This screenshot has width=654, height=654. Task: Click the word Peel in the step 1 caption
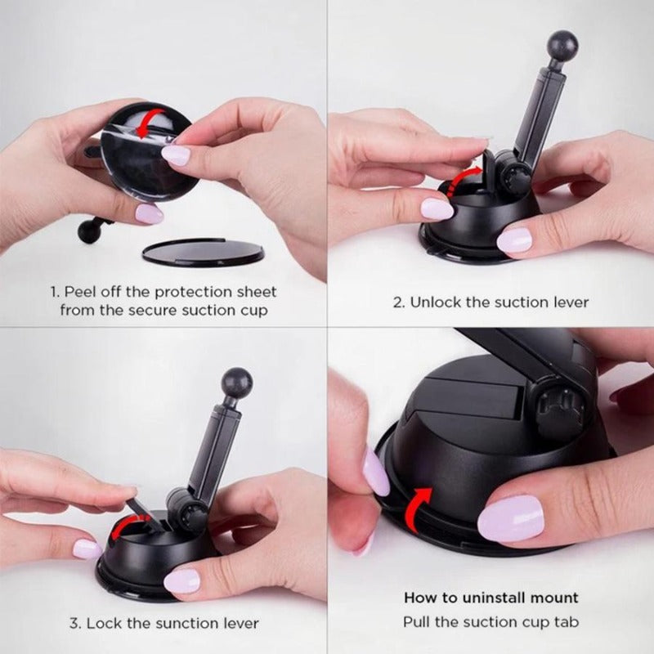point(80,292)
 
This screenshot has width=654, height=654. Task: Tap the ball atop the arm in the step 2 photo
point(562,45)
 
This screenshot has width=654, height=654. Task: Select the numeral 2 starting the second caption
point(397,302)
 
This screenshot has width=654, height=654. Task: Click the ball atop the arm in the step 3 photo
point(237,382)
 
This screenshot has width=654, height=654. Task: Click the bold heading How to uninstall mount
point(490,598)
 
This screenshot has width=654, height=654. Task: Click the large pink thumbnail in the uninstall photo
point(510,519)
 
